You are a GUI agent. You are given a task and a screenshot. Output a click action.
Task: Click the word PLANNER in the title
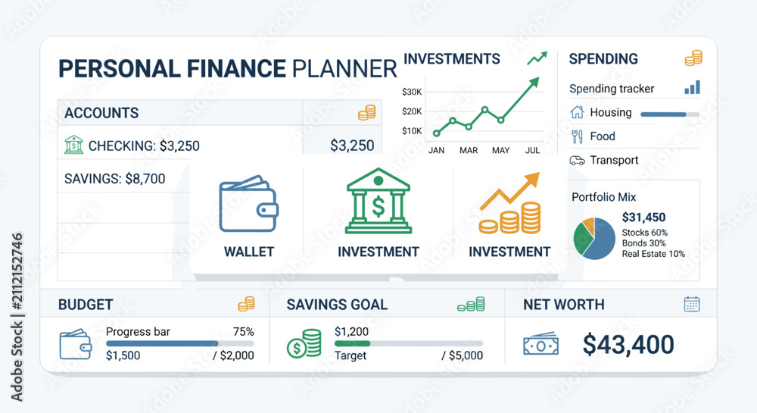(x=344, y=69)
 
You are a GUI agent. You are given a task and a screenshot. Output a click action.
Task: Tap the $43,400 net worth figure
(x=628, y=344)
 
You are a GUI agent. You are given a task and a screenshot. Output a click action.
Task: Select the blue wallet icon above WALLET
(x=248, y=204)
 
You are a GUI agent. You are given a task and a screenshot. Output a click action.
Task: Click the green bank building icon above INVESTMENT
(x=378, y=201)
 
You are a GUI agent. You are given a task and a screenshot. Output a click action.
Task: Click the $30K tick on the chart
(x=412, y=92)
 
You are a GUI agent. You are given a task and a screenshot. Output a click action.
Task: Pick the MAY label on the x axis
(x=500, y=150)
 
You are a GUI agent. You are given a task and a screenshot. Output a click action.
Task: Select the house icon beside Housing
(x=577, y=112)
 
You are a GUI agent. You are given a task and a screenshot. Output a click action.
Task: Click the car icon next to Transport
(x=577, y=161)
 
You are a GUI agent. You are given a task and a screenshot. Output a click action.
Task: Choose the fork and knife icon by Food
(x=577, y=136)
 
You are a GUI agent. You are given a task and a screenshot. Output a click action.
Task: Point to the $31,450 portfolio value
(x=643, y=217)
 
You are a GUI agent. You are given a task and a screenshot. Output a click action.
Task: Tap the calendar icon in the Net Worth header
(x=692, y=304)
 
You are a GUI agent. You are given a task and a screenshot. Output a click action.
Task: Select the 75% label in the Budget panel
(x=243, y=332)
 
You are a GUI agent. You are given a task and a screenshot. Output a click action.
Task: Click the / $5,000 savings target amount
(x=462, y=355)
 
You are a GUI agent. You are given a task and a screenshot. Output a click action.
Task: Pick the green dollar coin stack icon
(x=304, y=343)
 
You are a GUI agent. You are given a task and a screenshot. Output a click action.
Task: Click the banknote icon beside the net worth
(x=540, y=345)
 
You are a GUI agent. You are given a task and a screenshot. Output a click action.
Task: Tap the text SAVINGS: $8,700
(x=115, y=179)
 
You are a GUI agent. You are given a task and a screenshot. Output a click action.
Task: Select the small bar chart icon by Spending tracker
(x=692, y=87)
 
